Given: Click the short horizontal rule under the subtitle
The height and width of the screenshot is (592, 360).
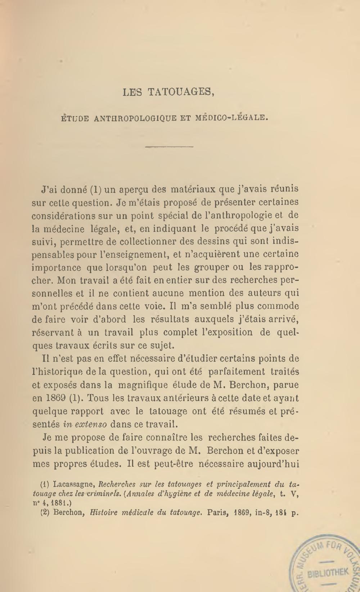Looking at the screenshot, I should (169, 147).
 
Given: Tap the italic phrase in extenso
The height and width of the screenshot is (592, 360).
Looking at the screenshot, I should (85, 424).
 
